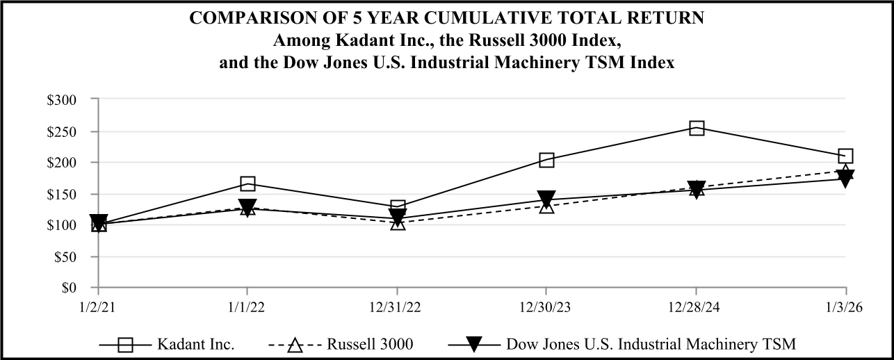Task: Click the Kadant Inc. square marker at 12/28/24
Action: (697, 128)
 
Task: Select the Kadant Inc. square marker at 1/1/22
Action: (247, 183)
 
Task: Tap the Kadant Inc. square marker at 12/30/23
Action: (546, 161)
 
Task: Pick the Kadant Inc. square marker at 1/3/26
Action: (846, 156)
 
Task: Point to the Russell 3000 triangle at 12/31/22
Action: (398, 223)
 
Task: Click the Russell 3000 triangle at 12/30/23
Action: (546, 206)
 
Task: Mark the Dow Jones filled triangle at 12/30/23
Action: (546, 198)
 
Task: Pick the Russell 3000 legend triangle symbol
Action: (295, 343)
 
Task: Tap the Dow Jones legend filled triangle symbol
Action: (473, 343)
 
